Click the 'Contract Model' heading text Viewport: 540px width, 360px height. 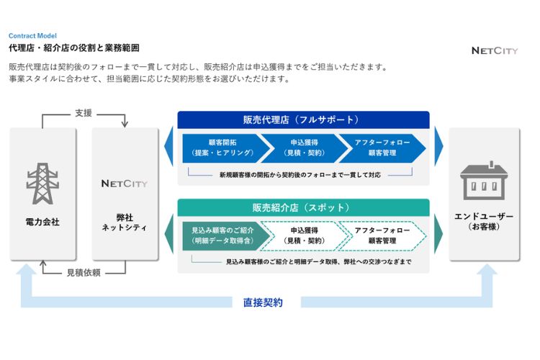coord(32,36)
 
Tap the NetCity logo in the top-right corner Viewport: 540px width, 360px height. coord(495,51)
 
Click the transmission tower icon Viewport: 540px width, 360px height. coord(42,184)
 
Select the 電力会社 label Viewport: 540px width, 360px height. coord(42,222)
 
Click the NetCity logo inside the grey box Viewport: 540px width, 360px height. coord(125,184)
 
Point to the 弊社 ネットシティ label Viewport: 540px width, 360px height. coord(125,222)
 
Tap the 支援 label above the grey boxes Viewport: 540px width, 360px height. coord(84,113)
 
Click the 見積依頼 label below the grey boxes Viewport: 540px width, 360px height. coord(84,273)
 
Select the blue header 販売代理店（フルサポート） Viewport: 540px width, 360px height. coord(303,120)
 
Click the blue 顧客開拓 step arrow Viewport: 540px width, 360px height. coord(226,148)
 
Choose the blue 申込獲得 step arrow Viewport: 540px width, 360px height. coord(304,148)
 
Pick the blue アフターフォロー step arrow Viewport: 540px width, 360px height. coord(382,148)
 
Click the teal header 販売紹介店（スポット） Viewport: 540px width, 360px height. coord(303,208)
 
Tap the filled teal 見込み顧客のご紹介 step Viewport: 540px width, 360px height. coord(226,236)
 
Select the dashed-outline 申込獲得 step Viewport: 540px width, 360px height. coord(304,236)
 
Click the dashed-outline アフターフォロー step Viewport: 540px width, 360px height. coord(382,236)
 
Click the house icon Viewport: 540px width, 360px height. coord(484,181)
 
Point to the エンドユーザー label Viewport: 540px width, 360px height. coord(484,217)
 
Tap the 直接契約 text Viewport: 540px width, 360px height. coord(263,302)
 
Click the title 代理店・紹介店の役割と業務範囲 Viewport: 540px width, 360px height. coord(74,48)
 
